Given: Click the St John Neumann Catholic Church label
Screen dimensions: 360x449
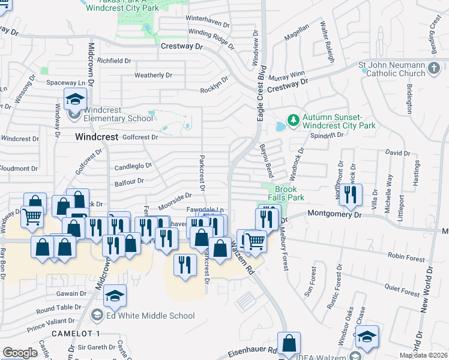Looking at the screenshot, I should pos(391,69).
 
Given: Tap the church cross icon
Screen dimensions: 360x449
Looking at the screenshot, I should pos(434,69).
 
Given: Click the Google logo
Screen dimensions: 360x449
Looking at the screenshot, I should pos(20,353).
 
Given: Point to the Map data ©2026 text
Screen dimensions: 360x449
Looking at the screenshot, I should pos(423,355).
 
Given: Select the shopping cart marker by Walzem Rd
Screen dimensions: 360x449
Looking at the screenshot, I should pos(256,241).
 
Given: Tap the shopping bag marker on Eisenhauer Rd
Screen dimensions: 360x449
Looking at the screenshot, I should pos(289,344).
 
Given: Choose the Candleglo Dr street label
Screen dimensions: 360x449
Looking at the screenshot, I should pos(133,166).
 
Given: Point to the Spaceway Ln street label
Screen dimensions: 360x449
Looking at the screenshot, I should pos(66,82).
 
